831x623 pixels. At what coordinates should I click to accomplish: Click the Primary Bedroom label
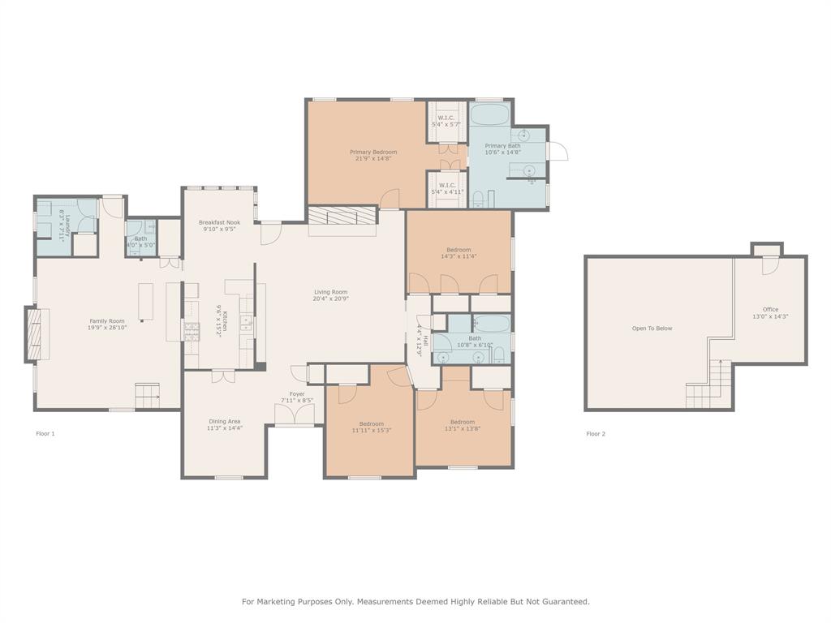[373, 152]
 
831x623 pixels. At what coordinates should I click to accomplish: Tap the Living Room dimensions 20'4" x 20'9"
[331, 299]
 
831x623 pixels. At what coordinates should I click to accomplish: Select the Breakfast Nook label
[219, 221]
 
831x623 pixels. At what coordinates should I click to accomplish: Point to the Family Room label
[108, 321]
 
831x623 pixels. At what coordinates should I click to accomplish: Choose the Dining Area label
[224, 421]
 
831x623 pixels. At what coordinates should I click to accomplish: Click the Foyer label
[297, 393]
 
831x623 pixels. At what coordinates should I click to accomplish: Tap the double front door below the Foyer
[295, 415]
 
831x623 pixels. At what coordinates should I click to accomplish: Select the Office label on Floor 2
[770, 309]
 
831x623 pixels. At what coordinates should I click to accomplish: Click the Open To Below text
[652, 329]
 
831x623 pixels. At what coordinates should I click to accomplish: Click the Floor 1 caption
[45, 434]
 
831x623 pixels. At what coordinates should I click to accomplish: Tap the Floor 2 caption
[596, 434]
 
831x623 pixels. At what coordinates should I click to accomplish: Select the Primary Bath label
[502, 146]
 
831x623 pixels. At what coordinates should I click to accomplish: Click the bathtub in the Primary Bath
[489, 113]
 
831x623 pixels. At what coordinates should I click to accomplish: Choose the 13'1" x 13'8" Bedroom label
[463, 422]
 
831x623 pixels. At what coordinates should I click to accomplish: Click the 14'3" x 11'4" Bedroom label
[459, 250]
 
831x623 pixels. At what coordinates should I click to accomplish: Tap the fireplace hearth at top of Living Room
[342, 217]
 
